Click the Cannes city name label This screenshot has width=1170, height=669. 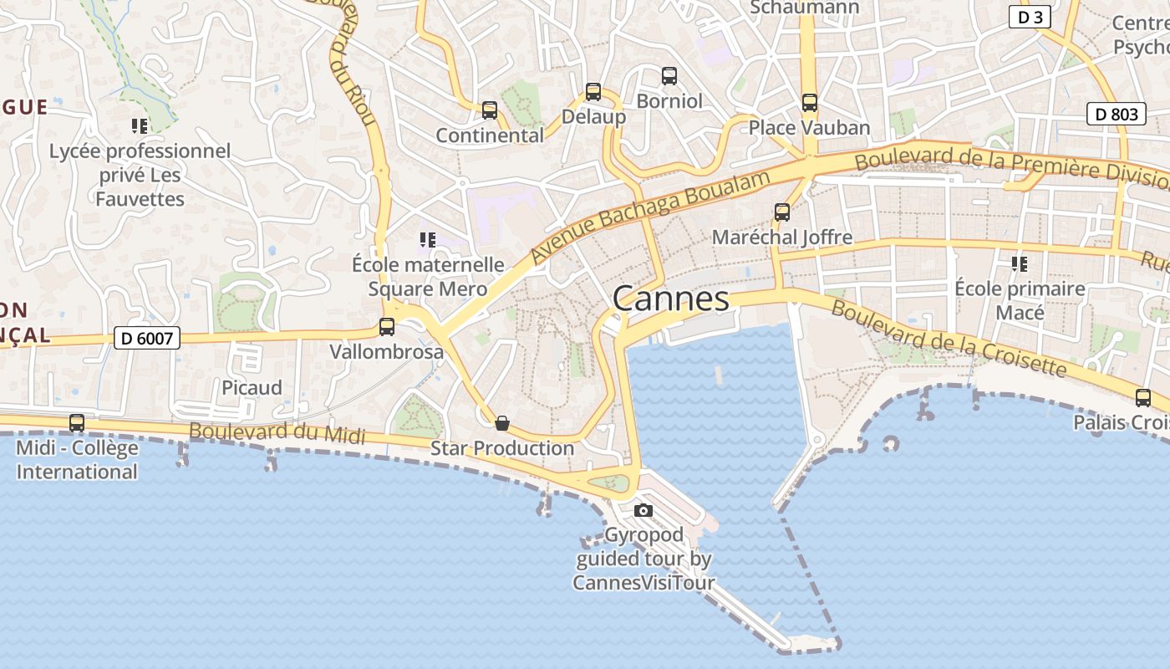tap(671, 299)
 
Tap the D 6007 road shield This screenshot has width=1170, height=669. tap(147, 338)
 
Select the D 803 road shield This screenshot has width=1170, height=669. tap(1116, 114)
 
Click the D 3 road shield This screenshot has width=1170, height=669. tap(1030, 17)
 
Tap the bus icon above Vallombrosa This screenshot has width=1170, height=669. tap(386, 327)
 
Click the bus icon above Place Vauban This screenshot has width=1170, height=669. tap(809, 103)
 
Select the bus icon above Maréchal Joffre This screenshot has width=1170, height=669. tap(781, 212)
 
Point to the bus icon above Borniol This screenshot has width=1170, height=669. tap(669, 76)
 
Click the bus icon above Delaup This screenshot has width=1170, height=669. tap(593, 92)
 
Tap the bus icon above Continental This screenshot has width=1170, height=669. tap(490, 110)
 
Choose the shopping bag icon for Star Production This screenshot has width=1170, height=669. tap(502, 424)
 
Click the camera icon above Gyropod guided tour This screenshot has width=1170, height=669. tap(643, 510)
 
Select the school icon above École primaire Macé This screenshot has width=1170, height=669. tap(1020, 264)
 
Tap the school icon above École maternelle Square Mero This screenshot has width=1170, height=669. tap(428, 240)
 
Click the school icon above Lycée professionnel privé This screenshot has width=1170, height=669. tap(140, 126)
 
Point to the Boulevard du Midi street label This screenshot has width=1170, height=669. tap(277, 433)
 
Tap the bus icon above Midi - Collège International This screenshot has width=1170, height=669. tap(77, 423)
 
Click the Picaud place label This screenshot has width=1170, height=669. tap(252, 388)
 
